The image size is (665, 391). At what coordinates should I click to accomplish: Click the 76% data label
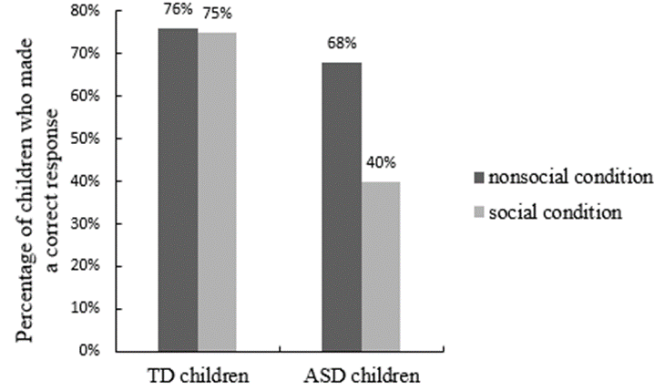point(179,12)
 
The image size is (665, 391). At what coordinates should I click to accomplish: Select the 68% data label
point(342,43)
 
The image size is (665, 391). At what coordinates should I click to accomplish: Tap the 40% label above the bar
point(381,163)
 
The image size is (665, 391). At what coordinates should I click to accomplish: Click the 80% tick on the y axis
point(87,11)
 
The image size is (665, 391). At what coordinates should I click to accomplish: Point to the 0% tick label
point(90,350)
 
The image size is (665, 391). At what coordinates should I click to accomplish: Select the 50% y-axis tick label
point(87,139)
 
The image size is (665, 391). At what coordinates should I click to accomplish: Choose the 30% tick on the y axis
point(87,223)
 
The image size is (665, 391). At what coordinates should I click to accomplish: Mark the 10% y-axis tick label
point(87,308)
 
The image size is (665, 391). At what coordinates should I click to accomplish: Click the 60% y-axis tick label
point(87,96)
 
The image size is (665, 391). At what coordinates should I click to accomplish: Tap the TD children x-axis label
point(198,376)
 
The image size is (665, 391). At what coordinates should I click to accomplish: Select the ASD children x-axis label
point(361,376)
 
